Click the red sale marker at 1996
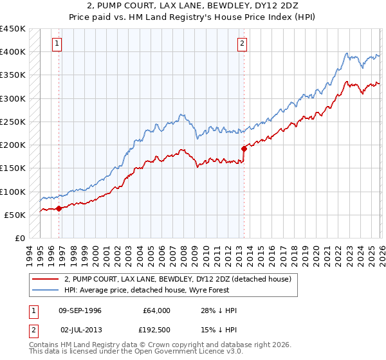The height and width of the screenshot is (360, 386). pyautogui.click(x=59, y=208)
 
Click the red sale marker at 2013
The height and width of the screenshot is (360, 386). pyautogui.click(x=244, y=148)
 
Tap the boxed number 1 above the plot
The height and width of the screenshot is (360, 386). pyautogui.click(x=57, y=44)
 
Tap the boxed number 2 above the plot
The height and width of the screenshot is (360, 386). pyautogui.click(x=243, y=44)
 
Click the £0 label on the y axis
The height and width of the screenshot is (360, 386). pyautogui.click(x=20, y=238)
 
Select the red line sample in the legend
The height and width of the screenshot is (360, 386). pyautogui.click(x=44, y=279)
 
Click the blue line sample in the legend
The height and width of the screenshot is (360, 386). pyautogui.click(x=44, y=290)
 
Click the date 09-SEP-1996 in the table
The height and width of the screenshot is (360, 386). pyautogui.click(x=80, y=310)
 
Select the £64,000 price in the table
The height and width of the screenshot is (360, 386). pyautogui.click(x=156, y=310)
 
